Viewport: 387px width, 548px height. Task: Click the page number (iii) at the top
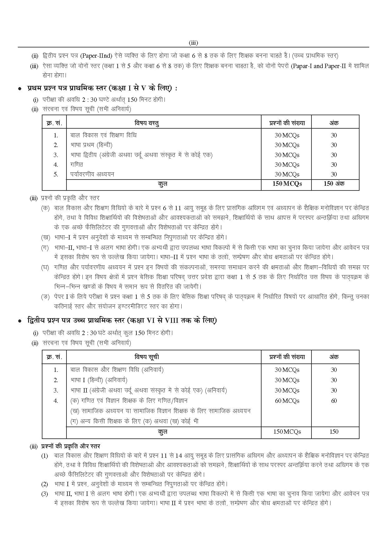(x=193, y=43)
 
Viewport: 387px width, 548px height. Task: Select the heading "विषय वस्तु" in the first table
(x=147, y=123)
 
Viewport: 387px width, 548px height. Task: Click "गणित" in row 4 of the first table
(x=77, y=164)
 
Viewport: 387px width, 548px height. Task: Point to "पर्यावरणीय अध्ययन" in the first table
(x=92, y=174)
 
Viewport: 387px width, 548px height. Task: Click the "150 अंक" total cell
(x=334, y=184)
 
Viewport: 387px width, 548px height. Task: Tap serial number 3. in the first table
(x=56, y=155)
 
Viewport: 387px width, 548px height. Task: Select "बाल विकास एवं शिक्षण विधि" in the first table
(x=104, y=135)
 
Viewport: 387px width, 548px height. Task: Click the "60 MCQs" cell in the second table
(x=287, y=401)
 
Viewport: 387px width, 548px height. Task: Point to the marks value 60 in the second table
(x=334, y=401)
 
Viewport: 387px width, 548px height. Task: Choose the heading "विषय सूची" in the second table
(x=147, y=357)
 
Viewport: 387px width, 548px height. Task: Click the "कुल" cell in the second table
(x=163, y=432)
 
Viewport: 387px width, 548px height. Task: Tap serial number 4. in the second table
(x=56, y=401)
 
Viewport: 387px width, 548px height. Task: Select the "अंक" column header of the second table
(x=334, y=357)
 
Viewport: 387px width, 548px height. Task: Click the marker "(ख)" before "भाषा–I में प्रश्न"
(x=45, y=237)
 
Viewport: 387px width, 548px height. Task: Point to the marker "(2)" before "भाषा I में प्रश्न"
(x=45, y=484)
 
